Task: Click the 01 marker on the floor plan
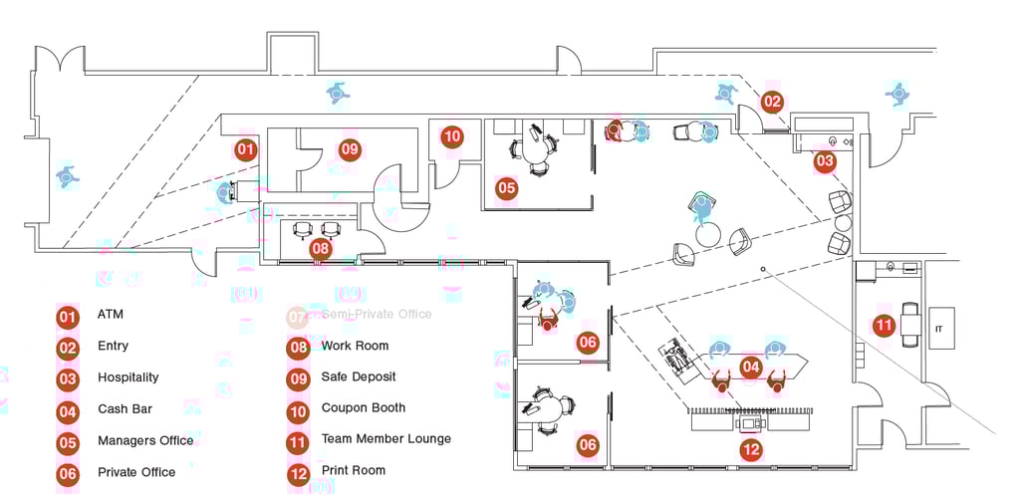[245, 150]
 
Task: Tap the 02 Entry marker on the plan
[773, 102]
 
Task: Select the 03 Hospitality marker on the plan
[825, 160]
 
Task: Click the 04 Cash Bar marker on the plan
[751, 368]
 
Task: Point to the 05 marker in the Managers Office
[507, 187]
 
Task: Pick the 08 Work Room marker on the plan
[320, 248]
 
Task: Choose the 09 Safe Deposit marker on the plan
[349, 150]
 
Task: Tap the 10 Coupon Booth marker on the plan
[452, 136]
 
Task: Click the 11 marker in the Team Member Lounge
[884, 325]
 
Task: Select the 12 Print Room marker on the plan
[751, 450]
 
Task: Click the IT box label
[937, 328]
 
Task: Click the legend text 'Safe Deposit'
[358, 377]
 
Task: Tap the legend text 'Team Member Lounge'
[385, 439]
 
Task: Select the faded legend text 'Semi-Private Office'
[377, 314]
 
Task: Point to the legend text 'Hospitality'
[127, 377]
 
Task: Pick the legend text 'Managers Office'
[145, 440]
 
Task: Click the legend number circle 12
[298, 473]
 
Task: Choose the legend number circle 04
[68, 411]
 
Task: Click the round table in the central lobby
[708, 235]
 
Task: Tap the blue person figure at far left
[67, 176]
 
